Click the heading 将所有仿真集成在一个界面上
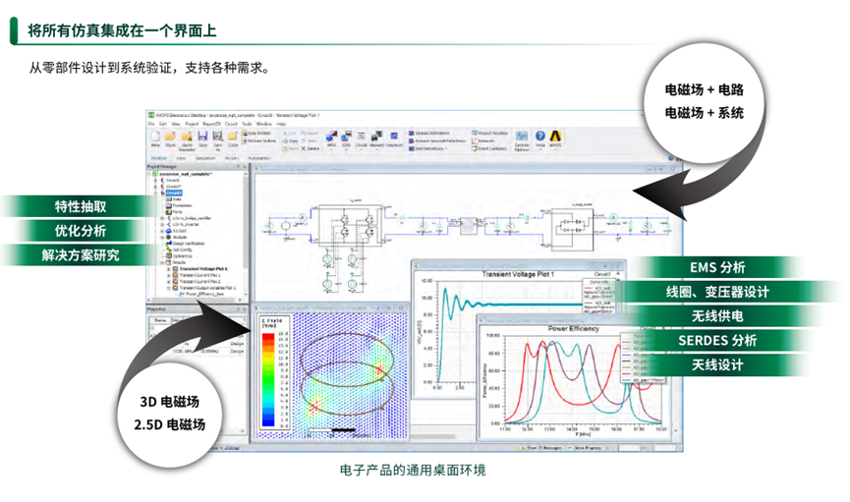pyautogui.click(x=123, y=30)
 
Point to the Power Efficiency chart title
pyautogui.click(x=574, y=327)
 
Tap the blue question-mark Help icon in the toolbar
pyautogui.click(x=539, y=138)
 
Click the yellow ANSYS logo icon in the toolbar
pyautogui.click(x=555, y=138)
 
